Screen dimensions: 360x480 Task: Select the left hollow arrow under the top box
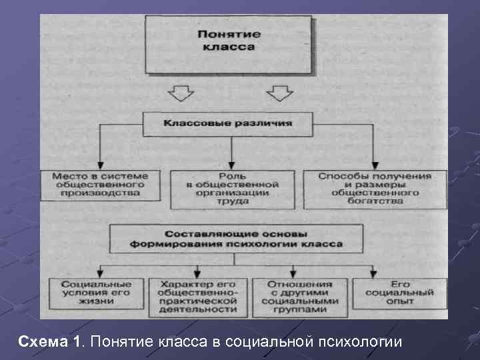(x=180, y=92)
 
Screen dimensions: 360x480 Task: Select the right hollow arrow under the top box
(x=279, y=92)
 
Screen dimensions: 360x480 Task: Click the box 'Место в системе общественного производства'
(x=99, y=185)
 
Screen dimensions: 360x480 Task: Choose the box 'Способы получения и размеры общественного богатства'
(x=375, y=189)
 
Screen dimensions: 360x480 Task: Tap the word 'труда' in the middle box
(x=233, y=201)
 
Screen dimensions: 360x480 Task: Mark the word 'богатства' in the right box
(x=375, y=201)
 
